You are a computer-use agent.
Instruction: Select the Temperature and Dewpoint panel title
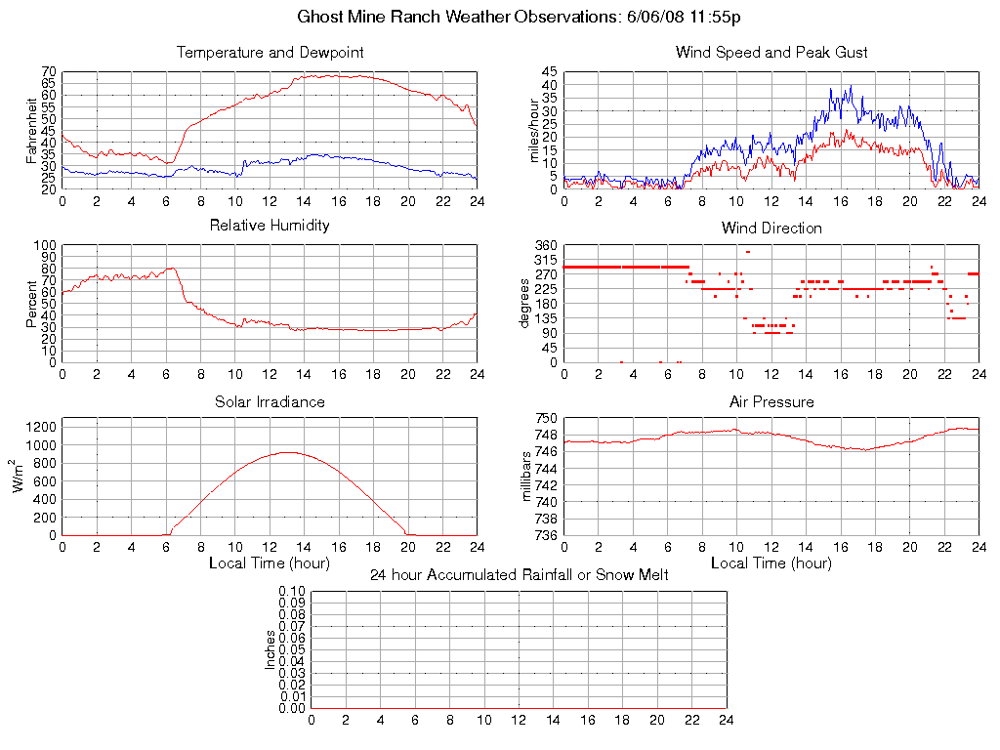click(270, 52)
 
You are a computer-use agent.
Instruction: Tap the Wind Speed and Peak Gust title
click(771, 52)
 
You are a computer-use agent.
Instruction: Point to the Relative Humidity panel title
click(270, 226)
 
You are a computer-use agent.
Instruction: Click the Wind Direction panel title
click(771, 228)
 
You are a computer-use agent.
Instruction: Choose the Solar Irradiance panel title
click(270, 401)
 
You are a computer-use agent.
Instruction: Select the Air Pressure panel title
click(771, 401)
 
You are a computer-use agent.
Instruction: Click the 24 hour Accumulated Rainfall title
click(519, 575)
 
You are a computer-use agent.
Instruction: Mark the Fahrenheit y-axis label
click(31, 131)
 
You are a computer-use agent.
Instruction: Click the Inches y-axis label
click(271, 649)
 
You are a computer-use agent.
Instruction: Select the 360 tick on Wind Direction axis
click(546, 245)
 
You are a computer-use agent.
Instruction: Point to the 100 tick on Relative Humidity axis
click(46, 245)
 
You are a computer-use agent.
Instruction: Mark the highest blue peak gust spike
click(851, 86)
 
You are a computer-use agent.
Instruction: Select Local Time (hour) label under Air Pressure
click(771, 563)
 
